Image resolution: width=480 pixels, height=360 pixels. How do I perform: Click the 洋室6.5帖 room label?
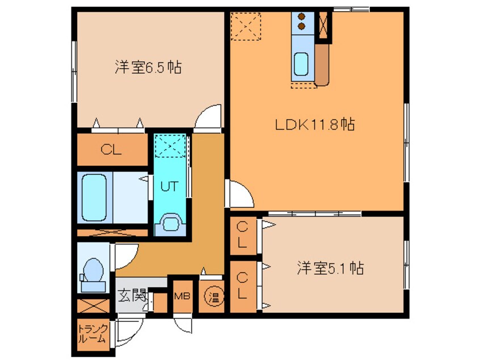[x=148, y=67]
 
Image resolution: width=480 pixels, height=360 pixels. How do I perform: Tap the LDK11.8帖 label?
[x=315, y=124]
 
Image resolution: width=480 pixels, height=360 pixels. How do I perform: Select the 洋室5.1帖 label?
[x=330, y=268]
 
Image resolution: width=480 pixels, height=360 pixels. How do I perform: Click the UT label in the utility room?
[x=169, y=186]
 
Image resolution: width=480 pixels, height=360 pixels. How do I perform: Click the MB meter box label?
[x=182, y=296]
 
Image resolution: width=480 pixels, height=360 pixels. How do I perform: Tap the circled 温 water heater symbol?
[x=214, y=296]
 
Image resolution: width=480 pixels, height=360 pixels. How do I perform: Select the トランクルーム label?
[x=93, y=334]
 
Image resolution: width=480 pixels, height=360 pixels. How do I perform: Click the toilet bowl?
[x=93, y=270]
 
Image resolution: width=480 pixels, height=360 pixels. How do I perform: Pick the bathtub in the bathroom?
[x=94, y=197]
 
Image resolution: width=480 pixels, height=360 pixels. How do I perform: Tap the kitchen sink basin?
[x=301, y=64]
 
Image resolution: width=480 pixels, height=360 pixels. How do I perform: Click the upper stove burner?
[x=301, y=17]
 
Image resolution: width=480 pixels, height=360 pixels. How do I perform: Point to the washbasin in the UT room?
[x=170, y=224]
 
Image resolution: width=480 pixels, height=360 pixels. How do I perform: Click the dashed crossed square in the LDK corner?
[x=246, y=26]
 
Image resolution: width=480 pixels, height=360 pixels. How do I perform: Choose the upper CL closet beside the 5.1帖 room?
[x=243, y=236]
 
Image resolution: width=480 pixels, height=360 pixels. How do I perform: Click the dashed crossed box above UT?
[x=170, y=146]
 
